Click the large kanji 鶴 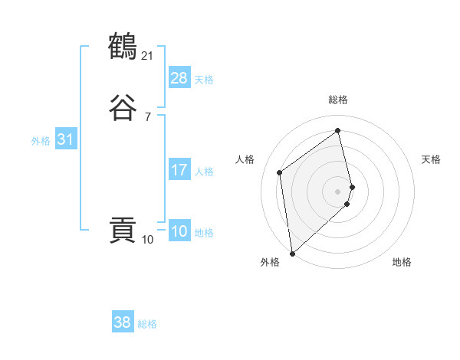123,47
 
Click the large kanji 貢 123,231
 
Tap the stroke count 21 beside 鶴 147,56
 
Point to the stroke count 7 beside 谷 147,116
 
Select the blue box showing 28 179,78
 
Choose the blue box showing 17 179,170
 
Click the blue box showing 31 65,139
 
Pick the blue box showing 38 123,322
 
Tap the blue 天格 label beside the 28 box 204,80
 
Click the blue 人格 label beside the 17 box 204,172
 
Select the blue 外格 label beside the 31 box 41,141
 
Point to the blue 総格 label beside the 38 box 147,324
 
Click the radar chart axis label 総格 338,100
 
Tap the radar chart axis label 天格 431,159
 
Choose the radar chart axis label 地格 402,262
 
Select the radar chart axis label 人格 245,159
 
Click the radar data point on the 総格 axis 338,131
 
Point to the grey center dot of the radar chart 338,191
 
